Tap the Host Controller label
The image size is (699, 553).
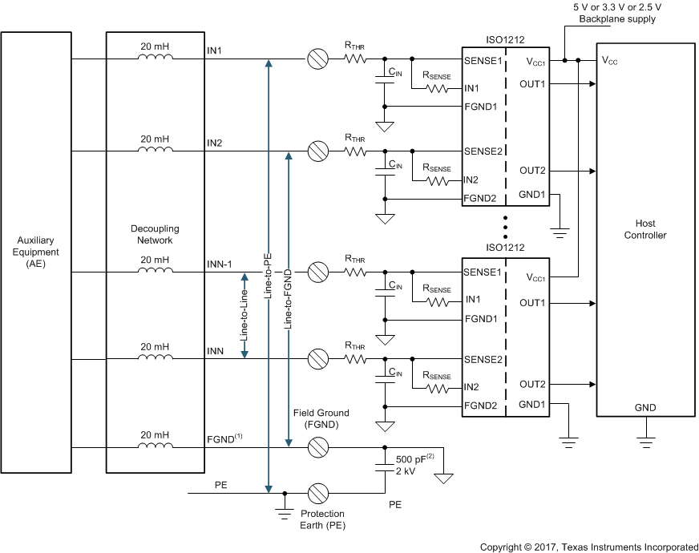[645, 229]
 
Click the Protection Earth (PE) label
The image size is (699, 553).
[322, 519]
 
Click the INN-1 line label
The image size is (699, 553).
[219, 264]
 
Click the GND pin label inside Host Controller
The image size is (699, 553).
[645, 408]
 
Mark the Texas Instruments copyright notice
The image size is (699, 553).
[588, 547]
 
